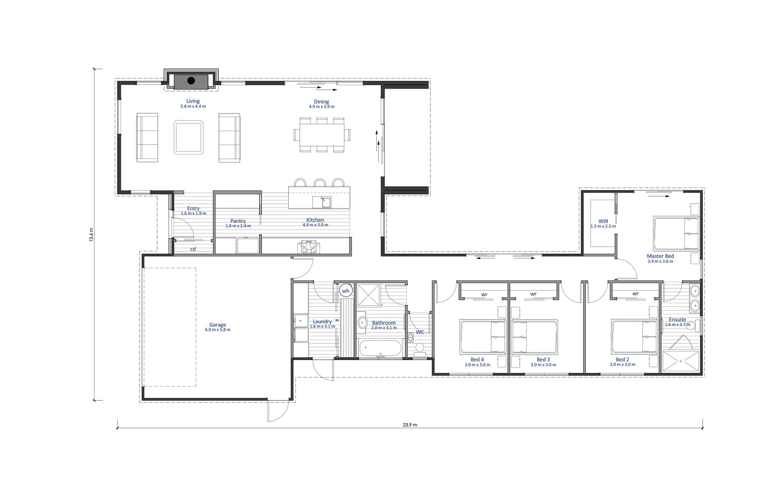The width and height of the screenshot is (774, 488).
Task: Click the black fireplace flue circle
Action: click(191, 80)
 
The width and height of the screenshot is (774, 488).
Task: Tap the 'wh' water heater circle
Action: click(345, 291)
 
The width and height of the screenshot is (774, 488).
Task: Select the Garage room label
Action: click(218, 324)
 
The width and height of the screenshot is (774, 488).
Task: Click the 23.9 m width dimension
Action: click(410, 425)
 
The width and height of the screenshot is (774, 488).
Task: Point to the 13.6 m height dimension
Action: click(91, 235)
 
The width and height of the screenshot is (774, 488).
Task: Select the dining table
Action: click(322, 135)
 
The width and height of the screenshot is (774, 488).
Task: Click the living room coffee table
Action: click(189, 137)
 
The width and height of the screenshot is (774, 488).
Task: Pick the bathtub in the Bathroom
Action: click(380, 348)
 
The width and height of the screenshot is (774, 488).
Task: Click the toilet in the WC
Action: click(420, 349)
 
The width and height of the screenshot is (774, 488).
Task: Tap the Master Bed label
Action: click(660, 256)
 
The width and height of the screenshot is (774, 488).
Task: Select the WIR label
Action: click(603, 221)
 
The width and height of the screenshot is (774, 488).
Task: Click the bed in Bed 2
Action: click(635, 337)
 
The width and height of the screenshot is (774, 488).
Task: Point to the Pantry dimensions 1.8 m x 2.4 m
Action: click(238, 226)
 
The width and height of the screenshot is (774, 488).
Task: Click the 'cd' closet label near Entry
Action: click(193, 249)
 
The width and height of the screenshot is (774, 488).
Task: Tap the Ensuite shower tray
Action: click(681, 361)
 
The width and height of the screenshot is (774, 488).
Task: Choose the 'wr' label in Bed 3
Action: click(533, 294)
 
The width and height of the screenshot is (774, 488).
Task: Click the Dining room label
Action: click(321, 102)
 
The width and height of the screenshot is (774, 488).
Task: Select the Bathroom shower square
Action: click(368, 295)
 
